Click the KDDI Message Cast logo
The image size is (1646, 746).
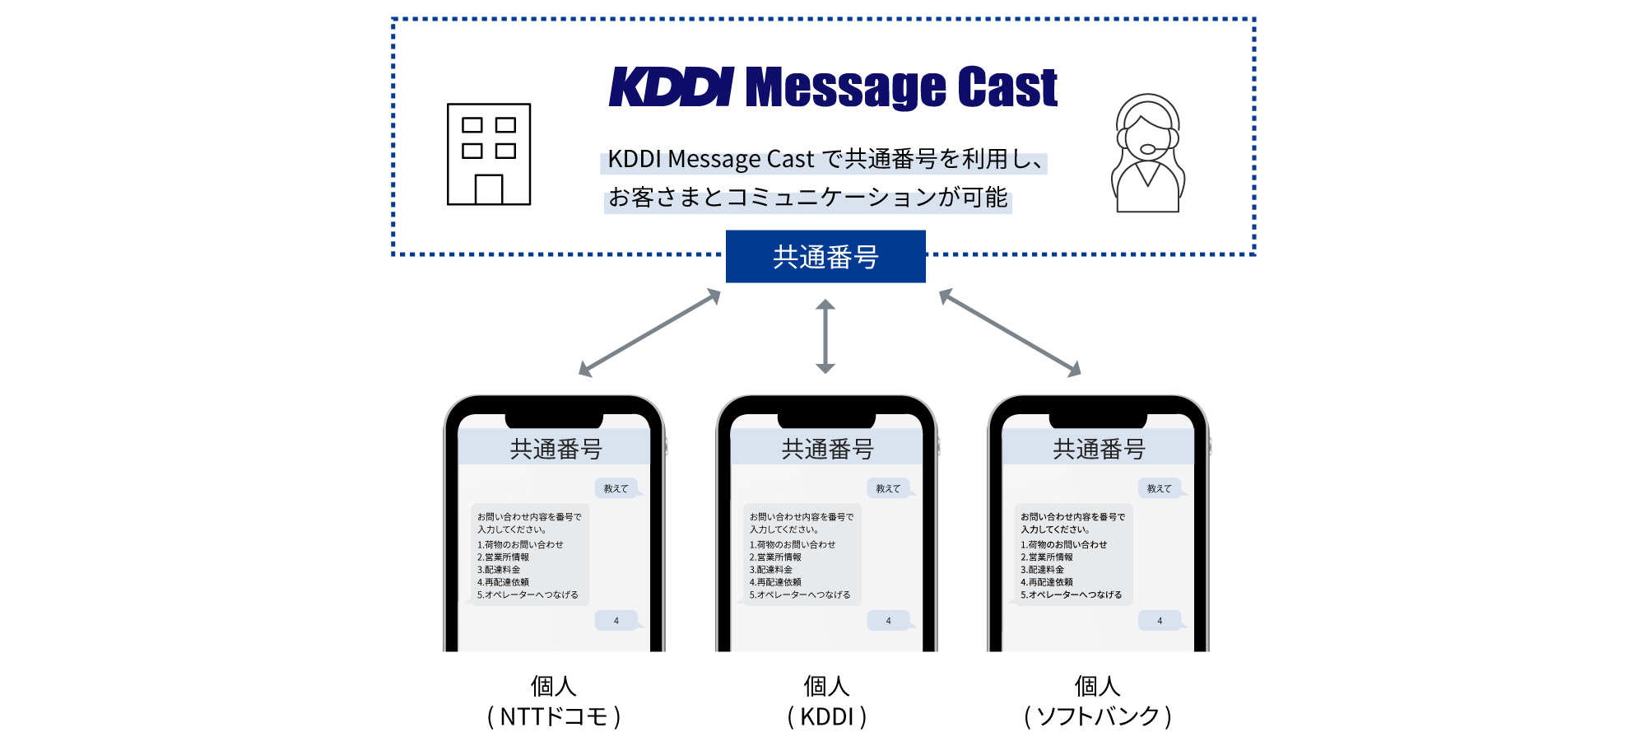[833, 87]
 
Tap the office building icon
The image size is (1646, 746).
[488, 154]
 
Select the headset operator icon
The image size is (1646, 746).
[1147, 154]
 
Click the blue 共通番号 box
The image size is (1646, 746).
[825, 257]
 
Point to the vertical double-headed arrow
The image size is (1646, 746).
[825, 336]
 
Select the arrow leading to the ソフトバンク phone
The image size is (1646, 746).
[1010, 333]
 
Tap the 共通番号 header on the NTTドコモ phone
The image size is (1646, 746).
[555, 449]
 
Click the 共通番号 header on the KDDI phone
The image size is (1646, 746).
[827, 449]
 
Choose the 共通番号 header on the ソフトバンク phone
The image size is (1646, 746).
[1099, 449]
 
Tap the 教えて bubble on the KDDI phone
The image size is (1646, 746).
[888, 488]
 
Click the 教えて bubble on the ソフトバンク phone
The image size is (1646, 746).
[1160, 488]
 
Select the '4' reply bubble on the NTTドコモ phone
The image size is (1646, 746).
[616, 621]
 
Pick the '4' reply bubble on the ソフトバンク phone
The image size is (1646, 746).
[1160, 621]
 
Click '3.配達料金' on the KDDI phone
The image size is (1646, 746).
[771, 570]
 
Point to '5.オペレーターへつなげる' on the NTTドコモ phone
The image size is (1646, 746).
[528, 594]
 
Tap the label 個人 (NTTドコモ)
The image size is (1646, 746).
[553, 701]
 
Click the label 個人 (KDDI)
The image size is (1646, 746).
[826, 701]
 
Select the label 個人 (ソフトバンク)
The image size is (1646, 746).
[1098, 701]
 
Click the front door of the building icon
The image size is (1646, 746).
[488, 189]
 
